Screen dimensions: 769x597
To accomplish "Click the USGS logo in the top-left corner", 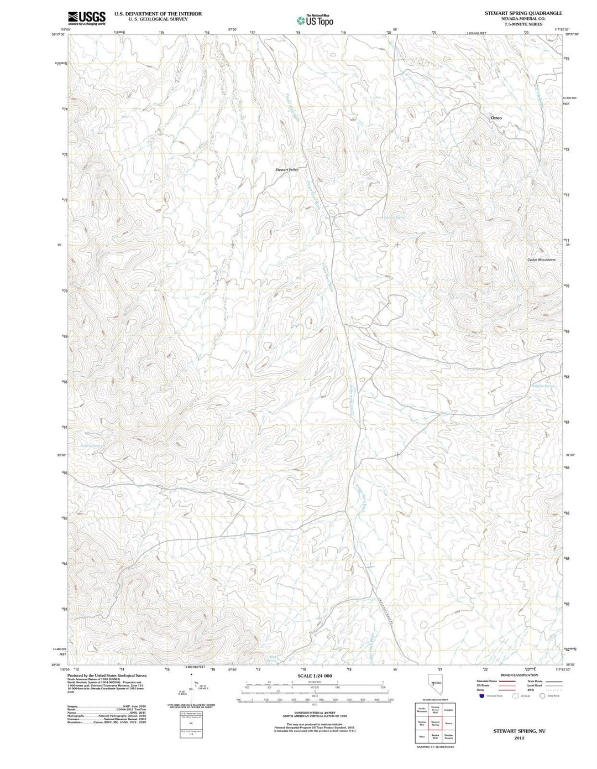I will (x=86, y=19).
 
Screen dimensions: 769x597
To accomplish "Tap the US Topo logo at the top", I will (x=315, y=20).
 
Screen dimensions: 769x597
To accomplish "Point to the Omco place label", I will (x=496, y=118).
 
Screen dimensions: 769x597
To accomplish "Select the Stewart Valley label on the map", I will (x=287, y=170).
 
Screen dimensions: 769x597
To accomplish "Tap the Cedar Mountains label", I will (x=541, y=259).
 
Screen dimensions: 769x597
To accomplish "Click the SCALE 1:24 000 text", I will (x=315, y=676).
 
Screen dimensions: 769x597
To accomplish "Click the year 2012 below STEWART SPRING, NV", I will (x=519, y=737).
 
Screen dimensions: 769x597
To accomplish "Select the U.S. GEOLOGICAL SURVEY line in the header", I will (x=158, y=19).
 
